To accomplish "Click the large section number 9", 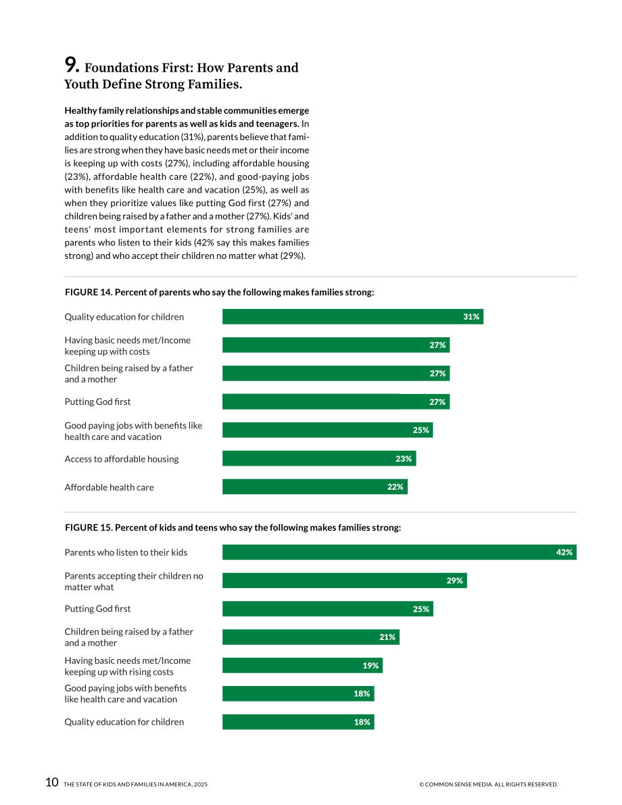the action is [72, 65].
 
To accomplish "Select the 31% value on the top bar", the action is [471, 317].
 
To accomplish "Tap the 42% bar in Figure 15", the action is [399, 552].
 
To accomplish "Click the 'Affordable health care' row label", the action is [109, 487].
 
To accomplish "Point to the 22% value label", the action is [395, 487].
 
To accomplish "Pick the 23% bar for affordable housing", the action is [319, 458].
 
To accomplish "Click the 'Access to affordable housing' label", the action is [122, 459].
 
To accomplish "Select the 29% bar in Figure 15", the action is [345, 581].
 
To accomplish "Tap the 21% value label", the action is [387, 637].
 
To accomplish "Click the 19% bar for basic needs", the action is [302, 665].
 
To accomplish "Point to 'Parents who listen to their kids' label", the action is [126, 552].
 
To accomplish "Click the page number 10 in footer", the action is [52, 782].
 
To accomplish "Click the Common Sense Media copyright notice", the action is [488, 785].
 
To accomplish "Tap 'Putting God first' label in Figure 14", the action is [97, 401].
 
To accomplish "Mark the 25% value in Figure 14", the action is [421, 431].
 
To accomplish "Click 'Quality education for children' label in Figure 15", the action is [124, 722].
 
